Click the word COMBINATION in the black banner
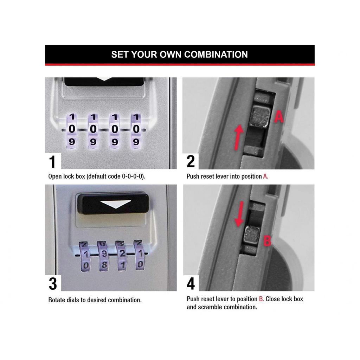pyautogui.click(x=216, y=54)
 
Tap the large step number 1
pyautogui.click(x=52, y=162)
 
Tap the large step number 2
pyautogui.click(x=191, y=162)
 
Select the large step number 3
pyautogui.click(x=52, y=284)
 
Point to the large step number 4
pyautogui.click(x=191, y=284)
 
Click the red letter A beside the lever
pyautogui.click(x=278, y=116)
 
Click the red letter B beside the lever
pyautogui.click(x=267, y=241)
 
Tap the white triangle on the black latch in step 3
pyautogui.click(x=115, y=204)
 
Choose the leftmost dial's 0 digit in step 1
pyautogui.click(x=72, y=129)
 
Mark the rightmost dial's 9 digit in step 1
pyautogui.click(x=136, y=142)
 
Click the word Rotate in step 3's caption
pyautogui.click(x=57, y=300)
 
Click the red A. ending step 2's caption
pyautogui.click(x=265, y=176)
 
